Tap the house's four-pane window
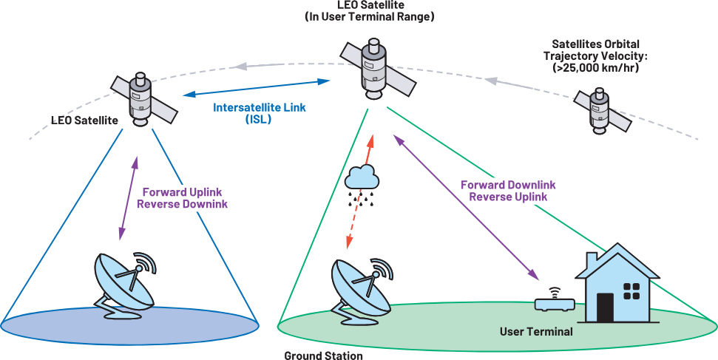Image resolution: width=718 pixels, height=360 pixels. [x=631, y=290]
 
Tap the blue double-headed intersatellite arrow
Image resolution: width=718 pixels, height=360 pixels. [x=257, y=89]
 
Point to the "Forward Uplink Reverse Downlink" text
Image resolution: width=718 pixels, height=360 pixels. [x=183, y=198]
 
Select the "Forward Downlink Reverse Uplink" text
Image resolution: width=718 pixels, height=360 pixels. [x=508, y=191]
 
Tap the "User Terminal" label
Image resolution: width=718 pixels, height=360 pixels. [x=536, y=331]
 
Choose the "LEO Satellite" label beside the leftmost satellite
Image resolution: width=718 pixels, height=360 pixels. [x=84, y=120]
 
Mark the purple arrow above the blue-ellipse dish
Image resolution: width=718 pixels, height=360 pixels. [x=128, y=198]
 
